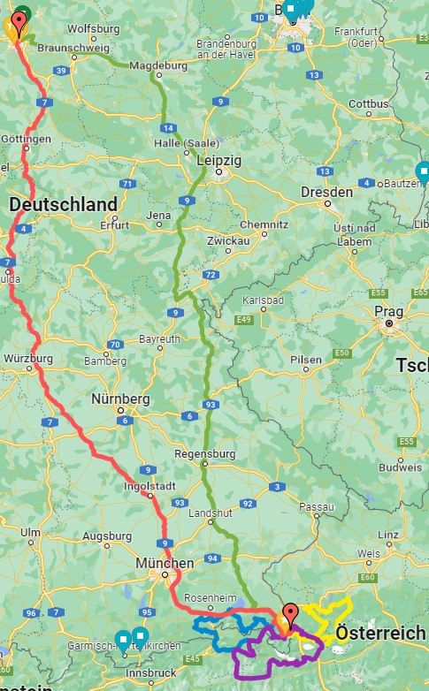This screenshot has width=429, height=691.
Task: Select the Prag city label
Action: [388, 311]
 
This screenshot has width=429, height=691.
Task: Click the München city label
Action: [165, 563]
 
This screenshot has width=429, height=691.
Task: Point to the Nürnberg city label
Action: [122, 399]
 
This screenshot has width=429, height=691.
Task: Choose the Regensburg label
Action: [205, 453]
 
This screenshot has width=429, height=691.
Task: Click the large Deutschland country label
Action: [63, 205]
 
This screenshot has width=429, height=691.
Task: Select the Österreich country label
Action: [381, 634]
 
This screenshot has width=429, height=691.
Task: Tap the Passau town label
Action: [318, 506]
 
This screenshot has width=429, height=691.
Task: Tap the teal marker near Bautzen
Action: [423, 171]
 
